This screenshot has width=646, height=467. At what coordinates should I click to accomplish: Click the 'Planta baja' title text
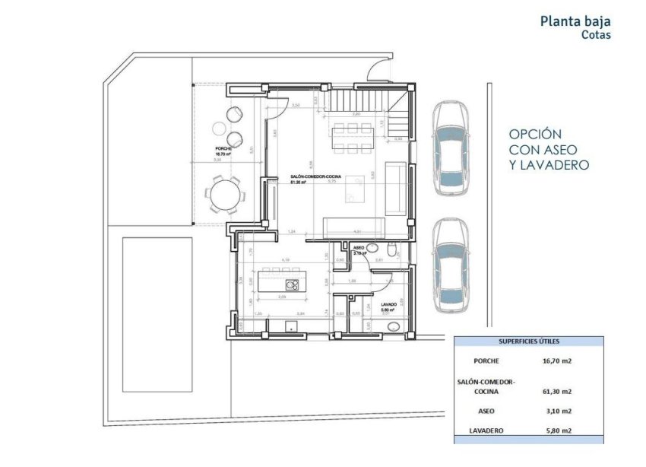point(575,21)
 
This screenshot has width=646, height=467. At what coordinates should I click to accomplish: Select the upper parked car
point(450,148)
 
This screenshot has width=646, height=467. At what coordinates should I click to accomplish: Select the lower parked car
point(450,266)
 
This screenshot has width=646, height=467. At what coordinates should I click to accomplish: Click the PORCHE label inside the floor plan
point(223,148)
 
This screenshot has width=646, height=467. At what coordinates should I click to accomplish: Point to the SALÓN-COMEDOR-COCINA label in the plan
point(315,176)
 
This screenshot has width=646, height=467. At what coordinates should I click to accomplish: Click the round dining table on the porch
point(225,193)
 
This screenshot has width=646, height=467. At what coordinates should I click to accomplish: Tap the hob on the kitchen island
point(292,284)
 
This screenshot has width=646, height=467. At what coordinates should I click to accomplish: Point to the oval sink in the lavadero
point(394,327)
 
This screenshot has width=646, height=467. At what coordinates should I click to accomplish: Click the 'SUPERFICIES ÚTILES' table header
point(528,342)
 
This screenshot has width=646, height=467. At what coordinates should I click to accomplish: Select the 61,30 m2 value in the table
point(557,392)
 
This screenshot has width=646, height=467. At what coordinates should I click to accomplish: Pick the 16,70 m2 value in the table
point(557,361)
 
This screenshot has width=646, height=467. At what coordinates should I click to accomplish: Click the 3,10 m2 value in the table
point(557,411)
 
